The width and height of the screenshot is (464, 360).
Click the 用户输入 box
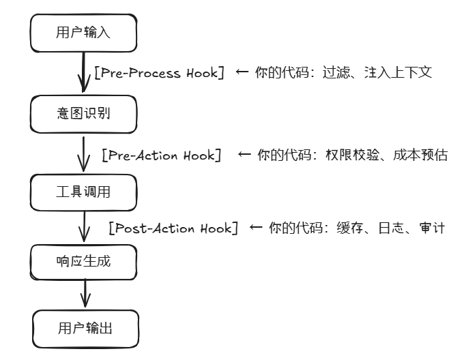(83, 33)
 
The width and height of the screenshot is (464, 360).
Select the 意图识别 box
(83, 113)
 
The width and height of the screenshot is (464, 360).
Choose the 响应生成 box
(83, 260)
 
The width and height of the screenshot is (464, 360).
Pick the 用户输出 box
(85, 329)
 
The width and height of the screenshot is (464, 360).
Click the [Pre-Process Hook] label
(159, 72)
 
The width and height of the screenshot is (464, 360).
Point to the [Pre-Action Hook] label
(162, 155)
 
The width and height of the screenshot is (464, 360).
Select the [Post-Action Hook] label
(173, 228)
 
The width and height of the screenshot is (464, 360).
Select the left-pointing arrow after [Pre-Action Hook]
(245, 155)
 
